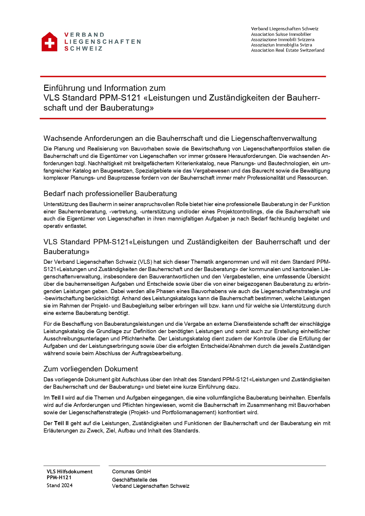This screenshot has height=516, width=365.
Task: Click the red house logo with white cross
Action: [49, 42]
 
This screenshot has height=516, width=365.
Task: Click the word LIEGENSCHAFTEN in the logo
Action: [103, 42]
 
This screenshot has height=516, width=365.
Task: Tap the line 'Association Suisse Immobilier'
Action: [281, 34]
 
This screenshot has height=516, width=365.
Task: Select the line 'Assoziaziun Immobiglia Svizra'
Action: [281, 45]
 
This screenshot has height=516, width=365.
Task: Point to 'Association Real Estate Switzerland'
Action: [287, 50]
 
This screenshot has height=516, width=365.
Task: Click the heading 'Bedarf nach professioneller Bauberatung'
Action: [110, 194]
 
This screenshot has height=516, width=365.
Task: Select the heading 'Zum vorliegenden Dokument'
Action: [91, 369]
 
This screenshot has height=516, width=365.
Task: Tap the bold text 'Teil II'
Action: [61, 423]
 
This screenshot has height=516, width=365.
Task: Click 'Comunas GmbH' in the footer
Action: [131, 472]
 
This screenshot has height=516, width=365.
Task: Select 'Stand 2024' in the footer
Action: [59, 485]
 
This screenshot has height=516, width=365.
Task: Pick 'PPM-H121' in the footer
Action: [59, 477]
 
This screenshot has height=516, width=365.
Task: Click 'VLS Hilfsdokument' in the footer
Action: [69, 472]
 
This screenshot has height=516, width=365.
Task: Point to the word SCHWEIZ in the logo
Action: [84, 49]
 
